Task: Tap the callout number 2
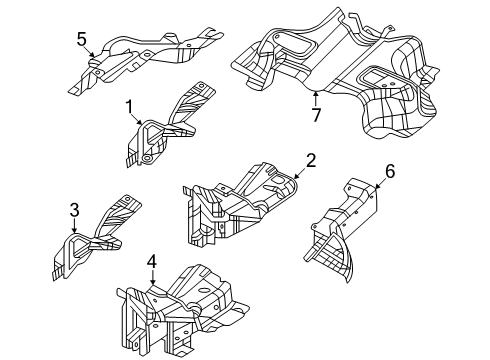(311, 159)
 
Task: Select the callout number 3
(73, 209)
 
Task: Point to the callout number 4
(151, 262)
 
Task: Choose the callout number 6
(390, 171)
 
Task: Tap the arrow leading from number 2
(299, 170)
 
